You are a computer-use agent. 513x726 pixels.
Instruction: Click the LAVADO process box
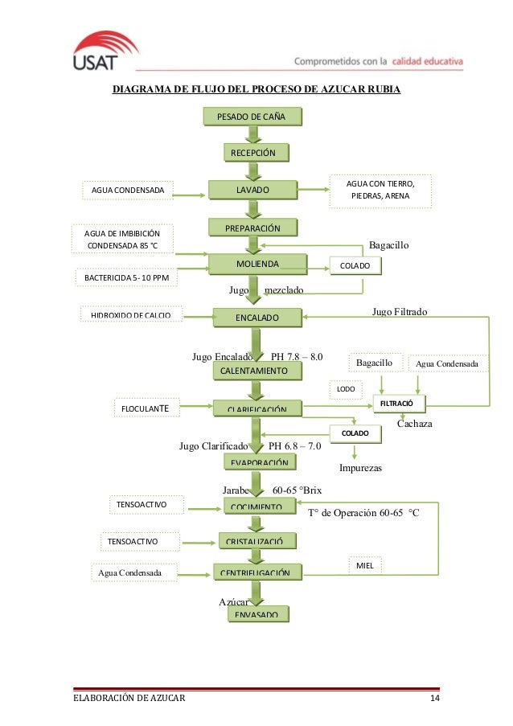(252, 190)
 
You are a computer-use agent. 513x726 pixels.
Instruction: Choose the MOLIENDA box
(257, 264)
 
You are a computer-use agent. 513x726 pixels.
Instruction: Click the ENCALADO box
(256, 318)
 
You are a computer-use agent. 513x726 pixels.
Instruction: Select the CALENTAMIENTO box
(253, 371)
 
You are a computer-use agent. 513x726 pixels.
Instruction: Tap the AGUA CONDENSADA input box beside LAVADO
(127, 191)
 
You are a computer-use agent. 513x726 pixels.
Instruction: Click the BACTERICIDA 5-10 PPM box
(125, 277)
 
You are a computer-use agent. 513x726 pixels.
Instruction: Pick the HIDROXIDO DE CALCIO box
(131, 314)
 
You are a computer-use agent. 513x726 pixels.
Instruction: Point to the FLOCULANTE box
(145, 408)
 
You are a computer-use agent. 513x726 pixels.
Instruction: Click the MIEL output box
(363, 566)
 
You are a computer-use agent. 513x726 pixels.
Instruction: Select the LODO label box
(346, 389)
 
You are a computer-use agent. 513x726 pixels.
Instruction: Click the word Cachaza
(415, 423)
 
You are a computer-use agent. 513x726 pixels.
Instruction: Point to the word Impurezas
(360, 467)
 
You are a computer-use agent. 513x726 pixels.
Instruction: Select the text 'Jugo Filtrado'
(400, 310)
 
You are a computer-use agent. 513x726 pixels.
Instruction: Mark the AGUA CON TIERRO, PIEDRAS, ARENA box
(380, 190)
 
